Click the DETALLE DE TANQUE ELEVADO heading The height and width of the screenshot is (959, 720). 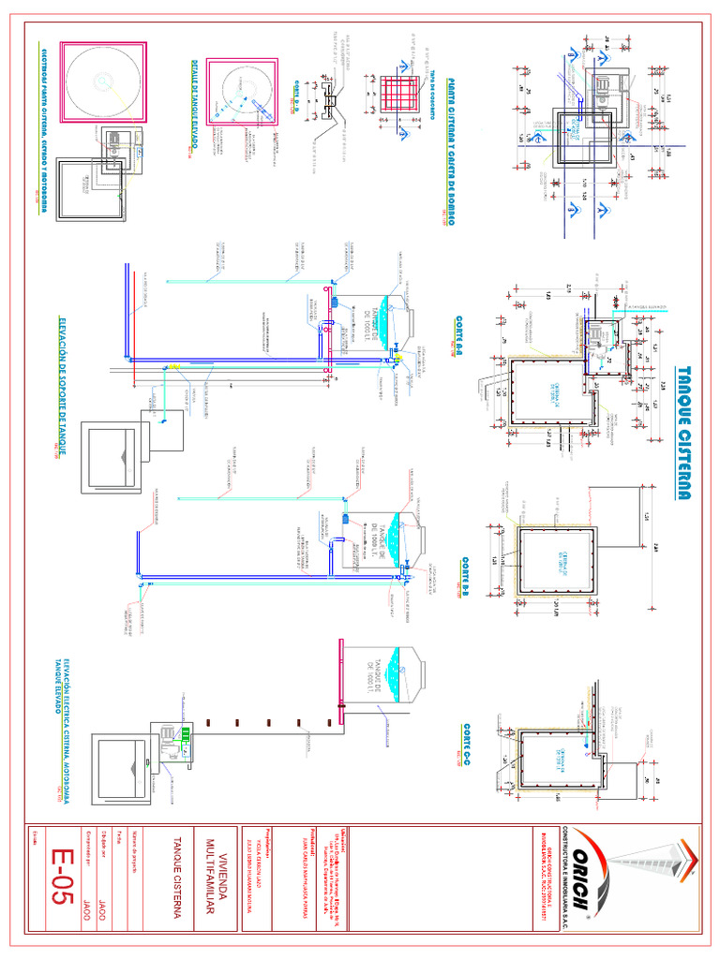click(x=194, y=104)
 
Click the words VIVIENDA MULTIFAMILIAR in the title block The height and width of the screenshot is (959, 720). click(x=211, y=885)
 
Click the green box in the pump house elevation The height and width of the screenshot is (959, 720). click(x=212, y=733)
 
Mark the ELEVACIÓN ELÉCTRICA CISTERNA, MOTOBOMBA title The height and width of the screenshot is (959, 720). click(x=62, y=721)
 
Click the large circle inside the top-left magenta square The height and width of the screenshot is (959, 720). click(x=102, y=81)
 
